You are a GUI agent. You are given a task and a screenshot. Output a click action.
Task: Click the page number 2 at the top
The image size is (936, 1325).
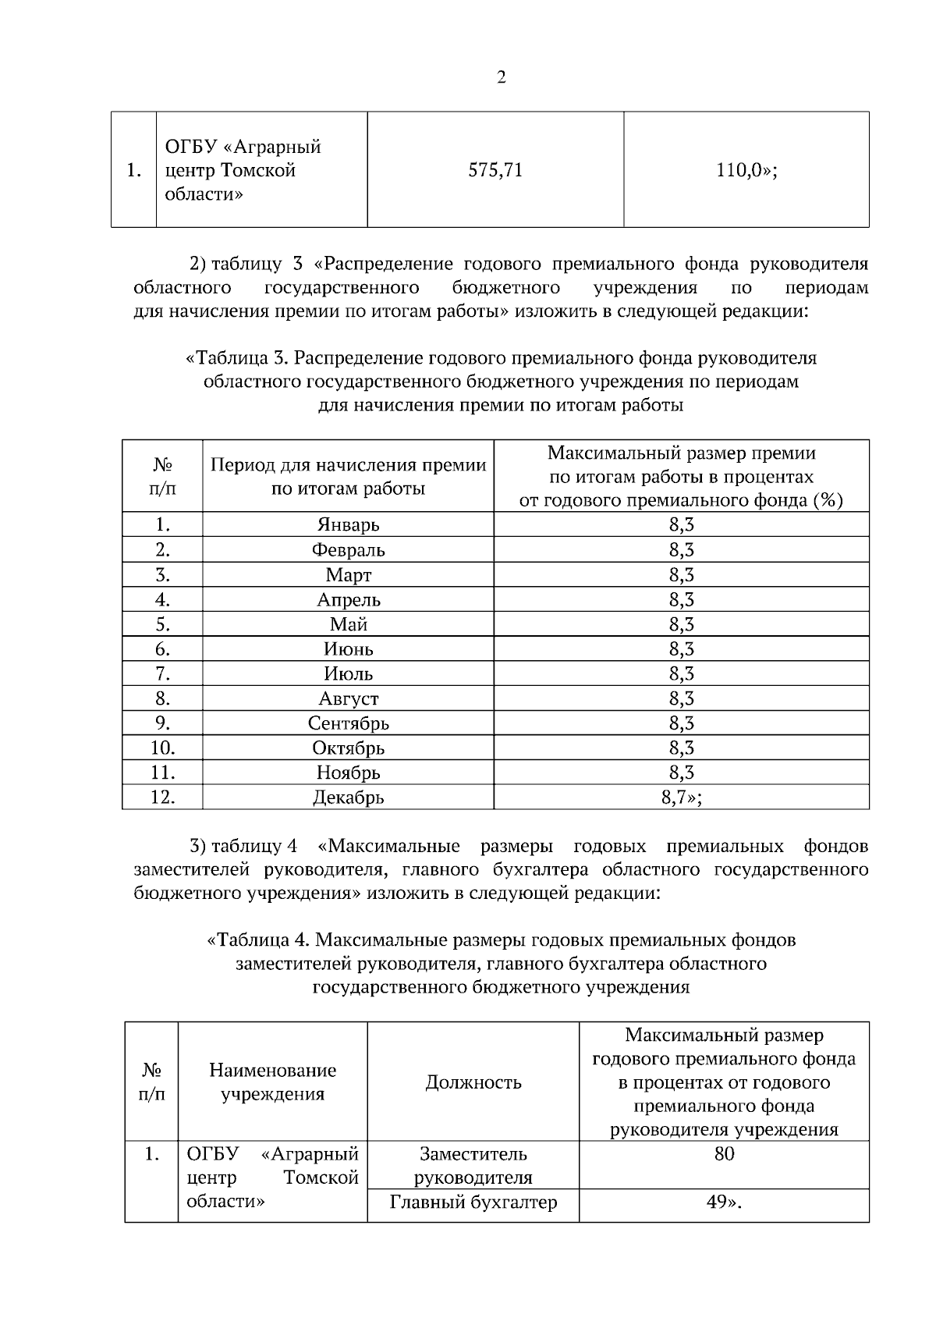[501, 78]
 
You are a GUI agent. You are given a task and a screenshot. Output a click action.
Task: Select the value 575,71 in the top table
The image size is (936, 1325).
[495, 170]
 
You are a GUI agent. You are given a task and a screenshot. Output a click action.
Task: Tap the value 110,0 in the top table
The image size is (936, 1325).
[746, 170]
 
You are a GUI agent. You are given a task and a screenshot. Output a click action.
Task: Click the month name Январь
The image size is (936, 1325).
[348, 525]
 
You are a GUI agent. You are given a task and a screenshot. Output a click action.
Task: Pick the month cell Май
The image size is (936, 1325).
[348, 624]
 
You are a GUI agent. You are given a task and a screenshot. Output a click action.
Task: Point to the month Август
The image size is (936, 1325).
[348, 698]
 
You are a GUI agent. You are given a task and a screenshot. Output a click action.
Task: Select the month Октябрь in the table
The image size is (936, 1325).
[348, 748]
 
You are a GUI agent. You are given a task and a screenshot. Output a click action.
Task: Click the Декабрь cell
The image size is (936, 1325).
[348, 797]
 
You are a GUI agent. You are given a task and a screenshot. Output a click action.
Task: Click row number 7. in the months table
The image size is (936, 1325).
[162, 673]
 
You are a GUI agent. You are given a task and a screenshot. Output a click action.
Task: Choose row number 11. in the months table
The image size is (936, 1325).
[162, 773]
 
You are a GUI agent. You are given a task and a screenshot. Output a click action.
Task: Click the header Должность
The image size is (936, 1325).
[473, 1082]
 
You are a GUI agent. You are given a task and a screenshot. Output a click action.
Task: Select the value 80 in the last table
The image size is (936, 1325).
[724, 1154]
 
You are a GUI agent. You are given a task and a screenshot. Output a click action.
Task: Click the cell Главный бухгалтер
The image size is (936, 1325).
[473, 1202]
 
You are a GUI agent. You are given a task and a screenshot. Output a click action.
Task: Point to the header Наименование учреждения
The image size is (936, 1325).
[273, 1082]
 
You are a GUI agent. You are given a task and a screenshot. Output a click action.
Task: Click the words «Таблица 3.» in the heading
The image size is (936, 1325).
[238, 359]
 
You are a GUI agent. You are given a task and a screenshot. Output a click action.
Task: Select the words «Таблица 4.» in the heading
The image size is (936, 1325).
[258, 940]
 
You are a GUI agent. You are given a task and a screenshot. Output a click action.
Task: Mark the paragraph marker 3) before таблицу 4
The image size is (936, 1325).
[198, 847]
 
